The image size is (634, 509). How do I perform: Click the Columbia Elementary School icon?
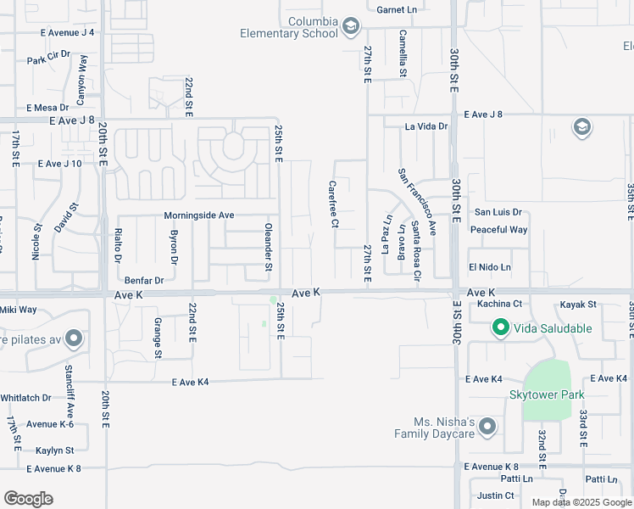point(350,27)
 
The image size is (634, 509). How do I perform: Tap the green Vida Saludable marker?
point(500,327)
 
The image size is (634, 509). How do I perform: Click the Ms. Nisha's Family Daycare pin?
point(487,428)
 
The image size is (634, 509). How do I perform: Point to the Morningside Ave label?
point(198,215)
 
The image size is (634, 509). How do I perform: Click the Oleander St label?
point(268,248)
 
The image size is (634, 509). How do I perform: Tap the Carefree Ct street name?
point(335,204)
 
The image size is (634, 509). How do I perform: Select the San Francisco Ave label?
point(416,201)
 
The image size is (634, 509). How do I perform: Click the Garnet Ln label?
point(398,8)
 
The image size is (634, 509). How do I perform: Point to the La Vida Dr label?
point(425,126)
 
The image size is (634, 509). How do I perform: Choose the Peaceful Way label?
point(498,229)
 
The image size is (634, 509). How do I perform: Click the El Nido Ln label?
point(490,267)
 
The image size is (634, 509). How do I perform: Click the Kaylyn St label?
point(54,450)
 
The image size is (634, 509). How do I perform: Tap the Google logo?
point(28,499)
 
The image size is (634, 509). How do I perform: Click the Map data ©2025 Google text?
point(581,502)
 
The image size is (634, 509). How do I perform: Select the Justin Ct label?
point(496,495)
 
